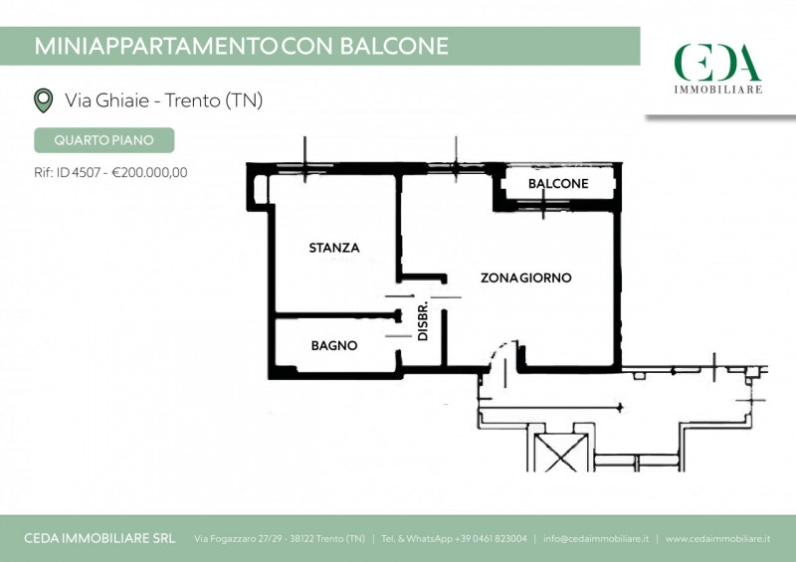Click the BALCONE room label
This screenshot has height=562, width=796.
click(558, 183)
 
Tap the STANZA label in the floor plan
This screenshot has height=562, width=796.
click(334, 248)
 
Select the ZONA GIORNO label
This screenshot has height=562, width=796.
click(526, 278)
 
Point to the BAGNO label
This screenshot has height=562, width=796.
click(334, 346)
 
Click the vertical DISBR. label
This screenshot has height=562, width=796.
click(422, 321)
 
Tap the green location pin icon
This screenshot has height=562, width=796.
click(43, 100)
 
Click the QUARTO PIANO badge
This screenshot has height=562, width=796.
click(104, 140)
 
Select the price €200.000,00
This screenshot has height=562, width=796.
click(149, 173)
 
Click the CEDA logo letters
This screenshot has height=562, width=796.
click(717, 63)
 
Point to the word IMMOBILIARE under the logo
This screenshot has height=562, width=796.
click(717, 90)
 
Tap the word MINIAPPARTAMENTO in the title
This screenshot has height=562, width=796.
click(156, 46)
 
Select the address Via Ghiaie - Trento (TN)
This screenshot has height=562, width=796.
click(163, 100)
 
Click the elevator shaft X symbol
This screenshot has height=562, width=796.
click(560, 453)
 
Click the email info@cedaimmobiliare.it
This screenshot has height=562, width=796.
click(595, 539)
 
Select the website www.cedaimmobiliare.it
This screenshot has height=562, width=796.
click(717, 539)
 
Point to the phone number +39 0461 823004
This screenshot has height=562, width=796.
click(491, 539)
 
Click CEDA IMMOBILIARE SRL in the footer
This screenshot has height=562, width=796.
click(99, 539)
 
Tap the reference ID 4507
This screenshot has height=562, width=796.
click(79, 173)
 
